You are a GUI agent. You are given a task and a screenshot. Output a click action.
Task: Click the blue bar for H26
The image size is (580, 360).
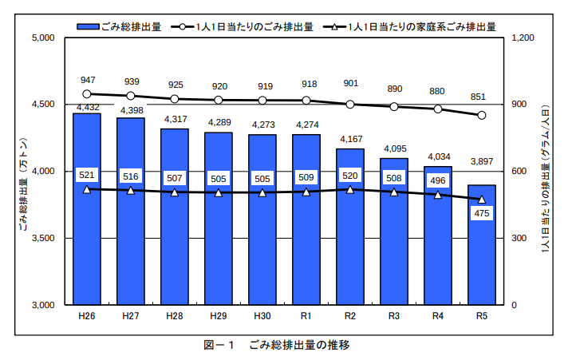(x=87, y=239)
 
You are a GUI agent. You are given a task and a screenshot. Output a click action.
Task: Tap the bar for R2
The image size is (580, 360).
(x=350, y=239)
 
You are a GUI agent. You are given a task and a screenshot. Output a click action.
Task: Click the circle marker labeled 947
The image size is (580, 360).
(x=87, y=94)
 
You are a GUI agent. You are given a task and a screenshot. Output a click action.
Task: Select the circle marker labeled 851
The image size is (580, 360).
(x=482, y=115)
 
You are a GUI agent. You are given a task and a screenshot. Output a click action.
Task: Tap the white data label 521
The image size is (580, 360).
(x=87, y=174)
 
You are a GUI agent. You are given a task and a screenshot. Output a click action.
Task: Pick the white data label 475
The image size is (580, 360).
(x=482, y=214)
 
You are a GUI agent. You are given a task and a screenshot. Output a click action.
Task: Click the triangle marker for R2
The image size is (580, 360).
(x=350, y=189)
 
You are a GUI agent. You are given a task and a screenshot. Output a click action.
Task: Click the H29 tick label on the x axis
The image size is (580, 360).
(x=219, y=316)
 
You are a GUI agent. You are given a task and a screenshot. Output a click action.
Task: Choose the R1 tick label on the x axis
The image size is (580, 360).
(x=306, y=316)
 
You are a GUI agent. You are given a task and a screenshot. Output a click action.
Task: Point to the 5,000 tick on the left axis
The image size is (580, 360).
(x=41, y=38)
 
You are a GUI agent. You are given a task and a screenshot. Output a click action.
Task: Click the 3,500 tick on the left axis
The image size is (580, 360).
(x=41, y=238)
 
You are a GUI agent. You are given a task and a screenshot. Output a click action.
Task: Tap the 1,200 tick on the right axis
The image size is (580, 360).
(x=523, y=38)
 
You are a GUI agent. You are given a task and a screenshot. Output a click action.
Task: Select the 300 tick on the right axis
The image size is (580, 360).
(x=519, y=238)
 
